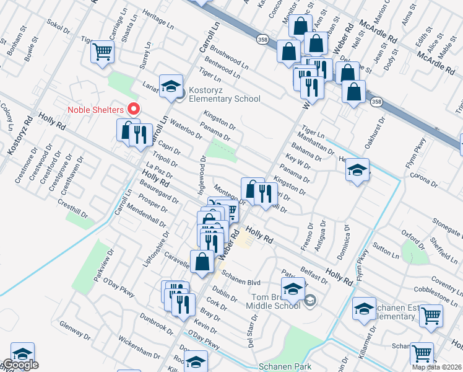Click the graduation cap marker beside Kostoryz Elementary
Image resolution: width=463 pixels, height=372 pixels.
171,87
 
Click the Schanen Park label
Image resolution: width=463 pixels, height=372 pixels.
285,366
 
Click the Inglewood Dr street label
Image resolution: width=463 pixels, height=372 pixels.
202,175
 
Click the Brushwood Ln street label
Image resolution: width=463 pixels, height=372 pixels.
229,57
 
